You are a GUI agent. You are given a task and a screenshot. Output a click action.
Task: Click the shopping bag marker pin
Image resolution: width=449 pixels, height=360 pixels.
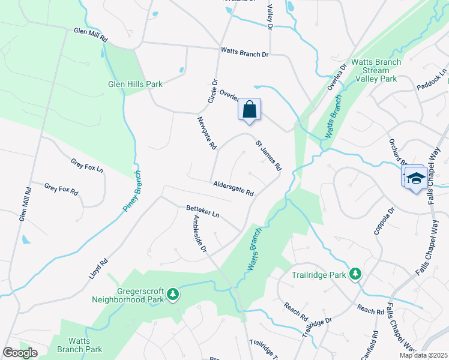click(x=250, y=110)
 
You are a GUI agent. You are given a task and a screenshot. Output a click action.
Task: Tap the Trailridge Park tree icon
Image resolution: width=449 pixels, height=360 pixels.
click(x=355, y=274)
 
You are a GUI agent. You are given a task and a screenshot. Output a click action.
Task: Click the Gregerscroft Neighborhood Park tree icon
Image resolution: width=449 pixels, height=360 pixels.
click(x=173, y=293)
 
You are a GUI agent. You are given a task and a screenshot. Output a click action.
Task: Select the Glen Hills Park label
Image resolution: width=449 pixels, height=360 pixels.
click(x=135, y=85)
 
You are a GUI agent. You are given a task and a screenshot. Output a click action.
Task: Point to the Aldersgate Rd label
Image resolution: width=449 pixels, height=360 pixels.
click(x=233, y=189)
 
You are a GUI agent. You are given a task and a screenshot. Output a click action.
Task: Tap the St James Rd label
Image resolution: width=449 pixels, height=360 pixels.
click(x=268, y=155)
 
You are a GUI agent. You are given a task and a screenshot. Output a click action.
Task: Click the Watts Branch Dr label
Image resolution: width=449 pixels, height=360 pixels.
click(x=244, y=53)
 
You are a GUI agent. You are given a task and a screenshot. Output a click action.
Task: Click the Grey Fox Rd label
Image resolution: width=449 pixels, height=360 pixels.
click(x=61, y=190)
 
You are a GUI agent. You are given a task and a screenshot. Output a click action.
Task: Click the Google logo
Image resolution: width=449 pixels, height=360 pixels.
click(x=20, y=353)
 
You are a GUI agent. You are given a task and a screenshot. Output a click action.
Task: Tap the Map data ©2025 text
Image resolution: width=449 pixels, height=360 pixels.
click(x=423, y=355)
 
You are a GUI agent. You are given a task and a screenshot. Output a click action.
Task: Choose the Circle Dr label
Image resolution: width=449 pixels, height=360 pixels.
click(x=212, y=91)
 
